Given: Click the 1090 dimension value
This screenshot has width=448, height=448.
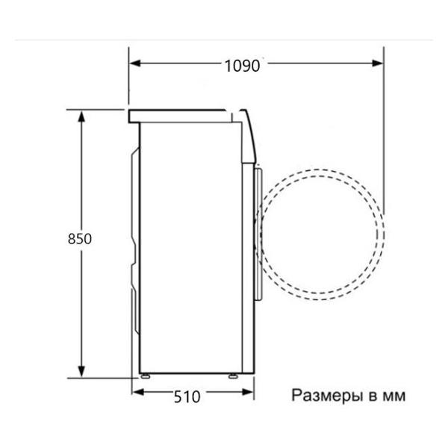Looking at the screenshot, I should [x=241, y=65].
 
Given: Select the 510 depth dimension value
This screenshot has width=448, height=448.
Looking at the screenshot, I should [x=187, y=396].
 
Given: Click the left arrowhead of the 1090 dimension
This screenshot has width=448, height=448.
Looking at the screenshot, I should [x=134, y=65].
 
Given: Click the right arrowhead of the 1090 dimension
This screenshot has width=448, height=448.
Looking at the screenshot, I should [x=379, y=65].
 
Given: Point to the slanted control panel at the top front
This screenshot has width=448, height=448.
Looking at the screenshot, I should [x=249, y=134].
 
